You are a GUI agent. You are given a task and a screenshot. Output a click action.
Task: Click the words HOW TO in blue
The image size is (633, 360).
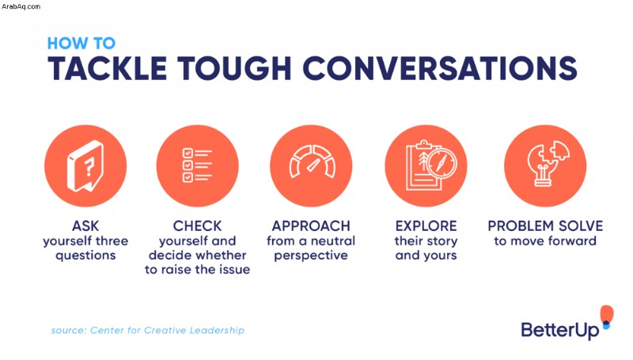click(81, 44)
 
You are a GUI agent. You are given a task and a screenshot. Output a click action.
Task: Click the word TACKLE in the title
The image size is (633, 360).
click(108, 68)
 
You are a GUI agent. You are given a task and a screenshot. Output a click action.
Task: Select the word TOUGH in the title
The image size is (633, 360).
click(234, 68)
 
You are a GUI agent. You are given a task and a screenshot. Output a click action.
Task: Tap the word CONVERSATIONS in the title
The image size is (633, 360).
click(440, 68)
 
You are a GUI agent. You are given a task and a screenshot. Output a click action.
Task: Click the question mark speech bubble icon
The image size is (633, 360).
click(85, 166)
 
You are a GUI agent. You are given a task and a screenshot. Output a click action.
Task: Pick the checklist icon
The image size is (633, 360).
click(197, 165)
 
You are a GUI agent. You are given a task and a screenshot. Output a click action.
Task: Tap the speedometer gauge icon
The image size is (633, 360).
click(312, 161)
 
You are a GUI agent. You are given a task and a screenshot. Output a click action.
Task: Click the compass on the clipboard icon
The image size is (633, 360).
click(442, 163)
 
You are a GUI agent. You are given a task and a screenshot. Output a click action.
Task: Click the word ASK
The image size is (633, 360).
click(85, 225)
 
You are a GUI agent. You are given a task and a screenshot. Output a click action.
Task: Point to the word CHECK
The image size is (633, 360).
click(197, 225)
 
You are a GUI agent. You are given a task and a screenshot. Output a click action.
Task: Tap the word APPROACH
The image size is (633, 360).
click(311, 225)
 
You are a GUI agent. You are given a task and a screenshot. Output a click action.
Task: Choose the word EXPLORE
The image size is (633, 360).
click(426, 225)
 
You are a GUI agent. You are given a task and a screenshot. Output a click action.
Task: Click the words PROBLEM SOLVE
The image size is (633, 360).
click(545, 225)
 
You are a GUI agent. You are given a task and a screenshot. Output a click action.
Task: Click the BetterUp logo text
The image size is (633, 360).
click(560, 330)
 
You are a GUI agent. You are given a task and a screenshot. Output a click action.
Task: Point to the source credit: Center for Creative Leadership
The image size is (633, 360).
click(148, 330)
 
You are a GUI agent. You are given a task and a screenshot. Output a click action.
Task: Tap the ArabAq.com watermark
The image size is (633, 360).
click(21, 6)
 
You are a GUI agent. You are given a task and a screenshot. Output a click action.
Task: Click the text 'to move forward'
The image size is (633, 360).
click(545, 241)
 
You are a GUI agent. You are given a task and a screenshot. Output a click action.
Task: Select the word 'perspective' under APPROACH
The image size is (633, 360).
click(311, 256)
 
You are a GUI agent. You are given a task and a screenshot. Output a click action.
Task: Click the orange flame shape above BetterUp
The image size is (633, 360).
click(607, 314)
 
